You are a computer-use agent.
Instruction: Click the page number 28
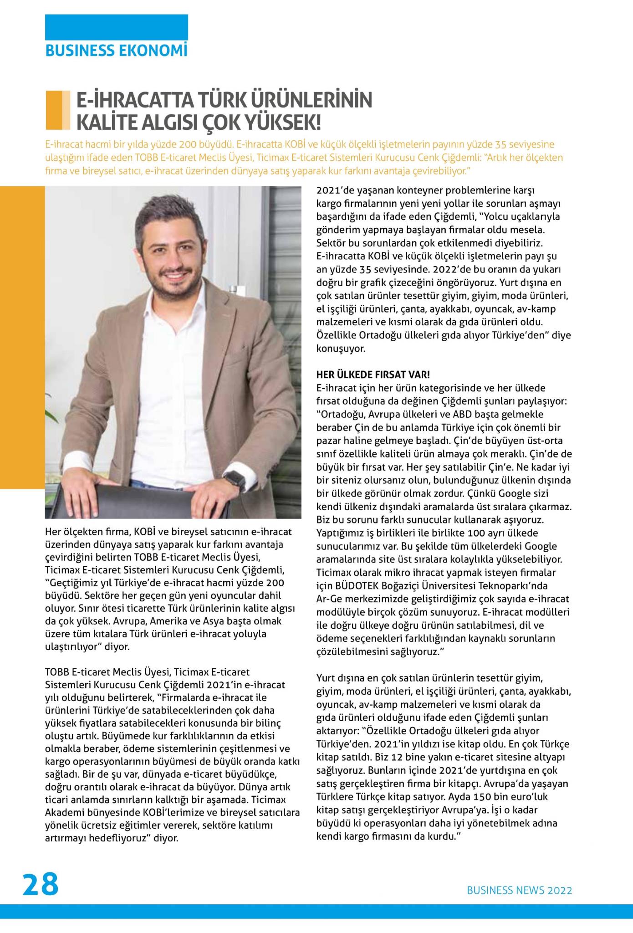41,884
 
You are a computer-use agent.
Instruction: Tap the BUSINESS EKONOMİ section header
116,51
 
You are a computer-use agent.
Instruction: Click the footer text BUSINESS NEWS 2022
519,891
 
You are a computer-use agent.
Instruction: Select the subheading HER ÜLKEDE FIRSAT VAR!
373,375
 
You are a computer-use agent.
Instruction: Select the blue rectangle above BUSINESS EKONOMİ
116,27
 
